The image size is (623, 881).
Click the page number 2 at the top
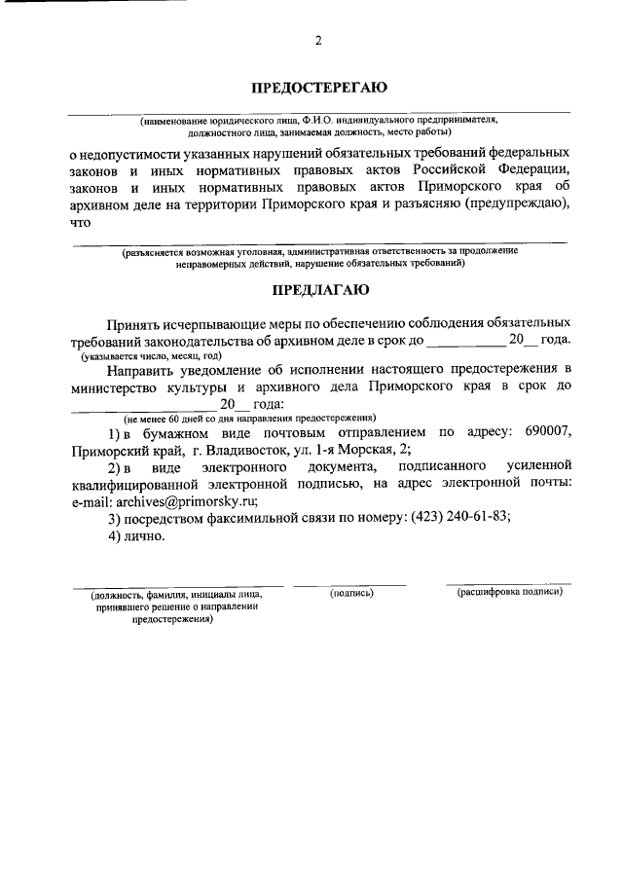(x=317, y=40)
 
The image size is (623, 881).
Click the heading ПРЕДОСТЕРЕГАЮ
(x=318, y=88)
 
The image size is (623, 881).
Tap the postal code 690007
(x=539, y=432)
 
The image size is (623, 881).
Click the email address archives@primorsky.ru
(x=185, y=501)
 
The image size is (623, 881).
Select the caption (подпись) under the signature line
(x=351, y=592)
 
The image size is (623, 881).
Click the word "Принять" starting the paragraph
(x=139, y=321)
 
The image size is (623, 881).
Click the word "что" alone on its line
(x=80, y=222)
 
